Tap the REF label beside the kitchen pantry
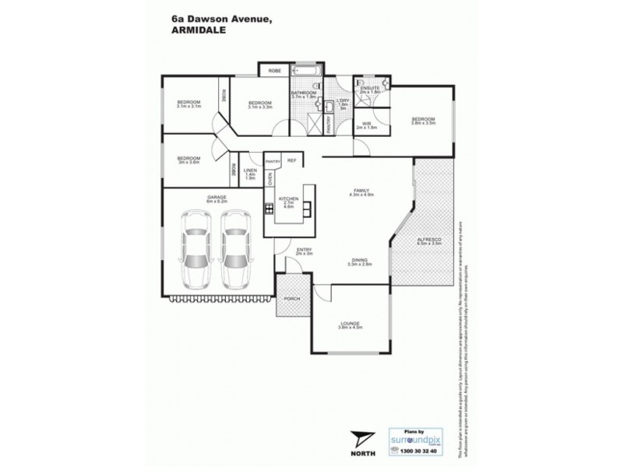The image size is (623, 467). pos(291,160)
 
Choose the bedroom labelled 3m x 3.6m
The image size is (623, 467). pos(188,160)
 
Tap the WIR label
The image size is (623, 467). pos(366,125)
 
